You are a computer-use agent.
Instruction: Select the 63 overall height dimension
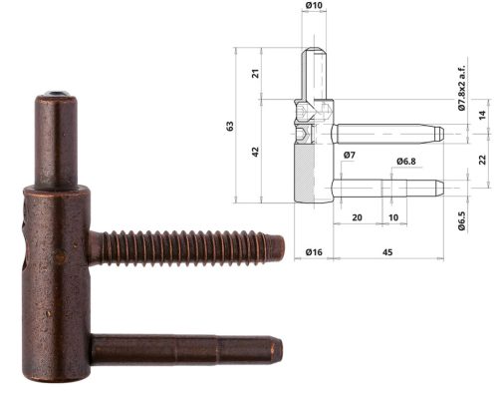point(230,126)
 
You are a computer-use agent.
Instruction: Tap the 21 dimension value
point(256,74)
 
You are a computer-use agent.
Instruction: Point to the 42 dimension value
point(256,151)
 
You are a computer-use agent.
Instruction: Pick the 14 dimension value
point(483,116)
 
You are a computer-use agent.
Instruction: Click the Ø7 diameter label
point(349,156)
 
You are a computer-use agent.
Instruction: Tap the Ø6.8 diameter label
point(405,161)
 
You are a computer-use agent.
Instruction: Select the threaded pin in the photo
point(189,246)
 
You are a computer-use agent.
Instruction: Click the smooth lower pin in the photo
point(189,351)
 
